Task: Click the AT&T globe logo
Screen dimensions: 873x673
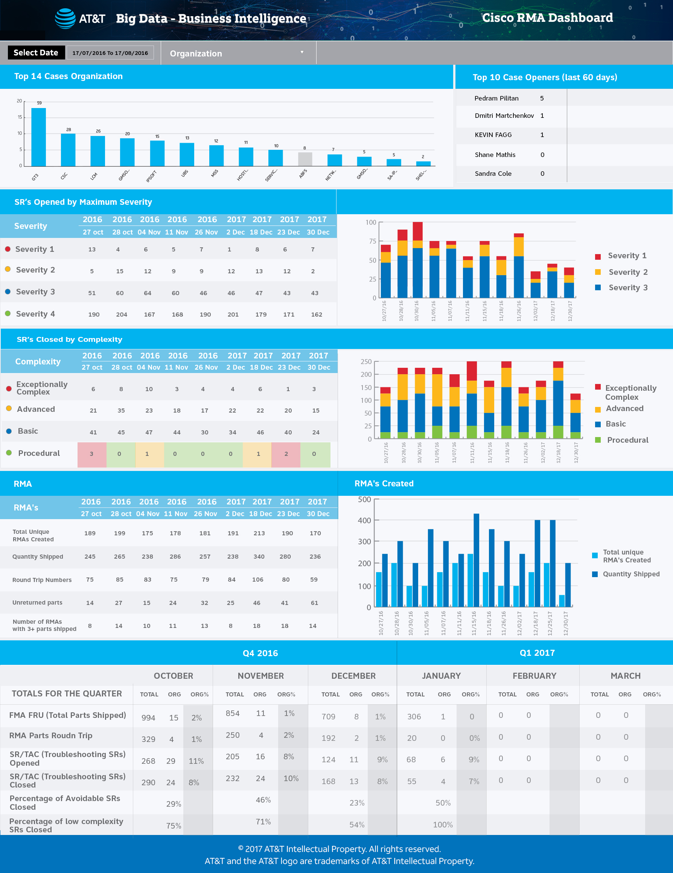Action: (65, 18)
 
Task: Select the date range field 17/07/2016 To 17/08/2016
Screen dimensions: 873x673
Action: (110, 53)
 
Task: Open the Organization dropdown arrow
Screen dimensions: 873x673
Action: (302, 52)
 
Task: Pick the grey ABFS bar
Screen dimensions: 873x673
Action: (305, 159)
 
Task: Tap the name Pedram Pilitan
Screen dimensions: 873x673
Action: (496, 98)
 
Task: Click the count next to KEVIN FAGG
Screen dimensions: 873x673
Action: (542, 135)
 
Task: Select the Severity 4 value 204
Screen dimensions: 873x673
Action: (122, 315)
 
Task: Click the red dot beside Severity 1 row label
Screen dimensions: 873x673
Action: (8, 249)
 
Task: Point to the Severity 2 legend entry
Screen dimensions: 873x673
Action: (628, 272)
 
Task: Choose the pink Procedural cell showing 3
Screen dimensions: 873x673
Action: (91, 454)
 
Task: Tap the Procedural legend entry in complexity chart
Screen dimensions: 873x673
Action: (627, 440)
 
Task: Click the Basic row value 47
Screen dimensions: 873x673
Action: (149, 433)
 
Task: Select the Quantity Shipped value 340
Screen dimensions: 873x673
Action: (259, 556)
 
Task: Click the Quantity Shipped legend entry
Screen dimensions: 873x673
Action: (630, 574)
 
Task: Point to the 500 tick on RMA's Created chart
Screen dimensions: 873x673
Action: (364, 500)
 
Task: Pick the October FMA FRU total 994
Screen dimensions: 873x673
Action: (148, 718)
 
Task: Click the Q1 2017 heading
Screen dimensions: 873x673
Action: (537, 653)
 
